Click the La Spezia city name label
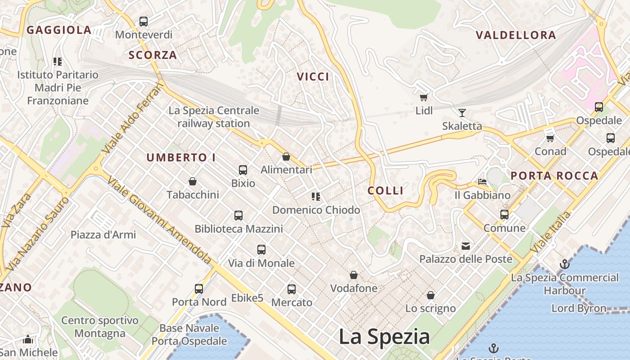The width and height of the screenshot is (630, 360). [384, 337]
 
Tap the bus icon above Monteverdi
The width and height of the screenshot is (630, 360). [144, 21]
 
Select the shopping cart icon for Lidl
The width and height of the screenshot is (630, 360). [423, 97]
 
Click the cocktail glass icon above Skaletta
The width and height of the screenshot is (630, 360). [462, 112]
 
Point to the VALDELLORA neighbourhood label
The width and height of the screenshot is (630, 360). [516, 35]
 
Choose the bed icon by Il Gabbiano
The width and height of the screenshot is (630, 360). [482, 182]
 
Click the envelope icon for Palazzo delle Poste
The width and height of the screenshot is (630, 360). [466, 246]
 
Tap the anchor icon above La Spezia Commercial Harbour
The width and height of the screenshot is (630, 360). [564, 264]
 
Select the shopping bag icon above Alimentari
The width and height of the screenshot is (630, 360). [286, 157]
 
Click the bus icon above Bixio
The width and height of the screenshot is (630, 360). [243, 170]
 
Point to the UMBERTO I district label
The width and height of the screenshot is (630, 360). [181, 157]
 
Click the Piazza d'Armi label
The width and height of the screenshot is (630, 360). [103, 234]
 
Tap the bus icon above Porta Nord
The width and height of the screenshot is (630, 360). [199, 289]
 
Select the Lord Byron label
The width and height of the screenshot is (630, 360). [579, 308]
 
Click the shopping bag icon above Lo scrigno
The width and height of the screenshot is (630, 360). [431, 295]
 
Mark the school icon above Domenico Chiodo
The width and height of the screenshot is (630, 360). [316, 197]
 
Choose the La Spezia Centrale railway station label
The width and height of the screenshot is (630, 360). [214, 117]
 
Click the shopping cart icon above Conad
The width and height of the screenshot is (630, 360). [550, 138]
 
